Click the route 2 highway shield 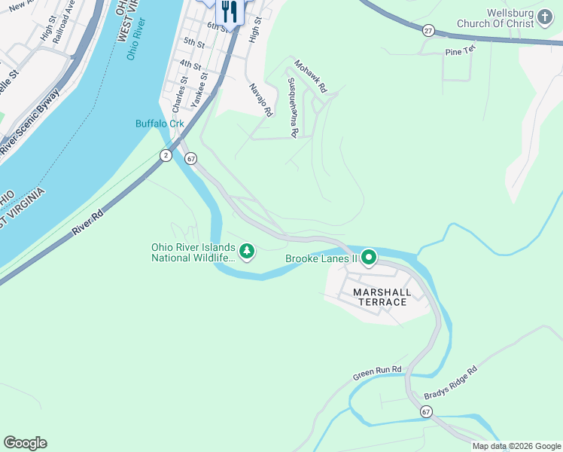coord(165,154)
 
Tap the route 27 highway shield coord(428,30)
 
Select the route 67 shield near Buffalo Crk coord(191,159)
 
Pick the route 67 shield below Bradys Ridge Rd coord(427,411)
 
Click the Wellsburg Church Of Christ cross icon coord(546,16)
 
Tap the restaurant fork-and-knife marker coord(229,11)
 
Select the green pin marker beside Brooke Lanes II coord(369,258)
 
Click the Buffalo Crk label coord(160,124)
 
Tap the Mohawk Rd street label coord(311,76)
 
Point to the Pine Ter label coord(461,51)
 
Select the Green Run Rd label coord(378,374)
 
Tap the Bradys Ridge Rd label coord(451,383)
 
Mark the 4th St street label coord(190,66)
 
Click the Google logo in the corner coord(25,443)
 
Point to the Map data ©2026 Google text coord(516,446)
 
